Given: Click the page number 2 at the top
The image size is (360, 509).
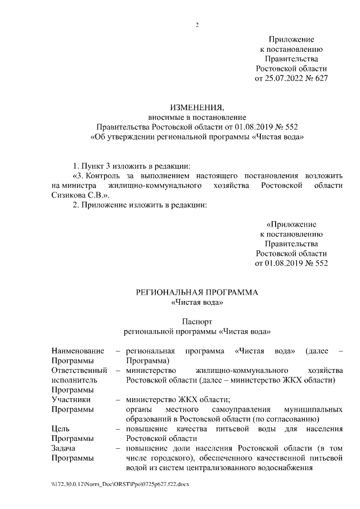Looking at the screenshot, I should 197,25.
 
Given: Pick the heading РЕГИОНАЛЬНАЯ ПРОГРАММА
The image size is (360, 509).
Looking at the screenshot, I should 197,293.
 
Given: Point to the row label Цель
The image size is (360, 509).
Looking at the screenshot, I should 60,429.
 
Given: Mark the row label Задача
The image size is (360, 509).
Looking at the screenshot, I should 64,448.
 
